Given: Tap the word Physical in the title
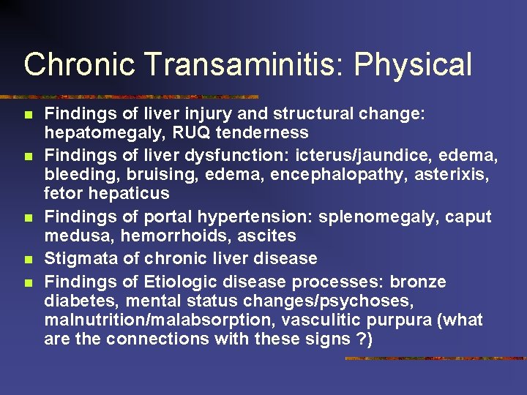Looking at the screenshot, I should pos(413,64).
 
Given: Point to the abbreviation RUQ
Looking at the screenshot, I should pos(166,132).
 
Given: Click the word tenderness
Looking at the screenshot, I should pos(248,132).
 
